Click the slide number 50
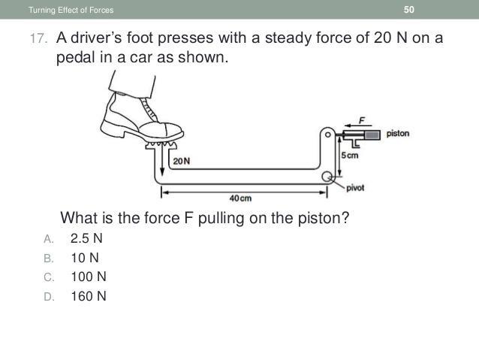click(x=408, y=10)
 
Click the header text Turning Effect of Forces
click(x=71, y=10)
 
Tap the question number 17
click(x=38, y=39)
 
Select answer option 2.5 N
click(x=86, y=238)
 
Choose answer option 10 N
click(x=85, y=258)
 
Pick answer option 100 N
click(x=89, y=277)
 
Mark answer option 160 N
click(x=89, y=296)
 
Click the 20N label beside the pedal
click(x=182, y=161)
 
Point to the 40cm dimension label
click(x=240, y=198)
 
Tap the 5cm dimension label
click(x=350, y=156)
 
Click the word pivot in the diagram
click(x=355, y=188)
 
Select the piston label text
click(x=397, y=134)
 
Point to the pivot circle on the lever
click(x=327, y=177)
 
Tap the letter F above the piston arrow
click(x=362, y=120)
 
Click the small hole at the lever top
click(x=327, y=135)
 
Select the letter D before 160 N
click(x=49, y=297)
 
